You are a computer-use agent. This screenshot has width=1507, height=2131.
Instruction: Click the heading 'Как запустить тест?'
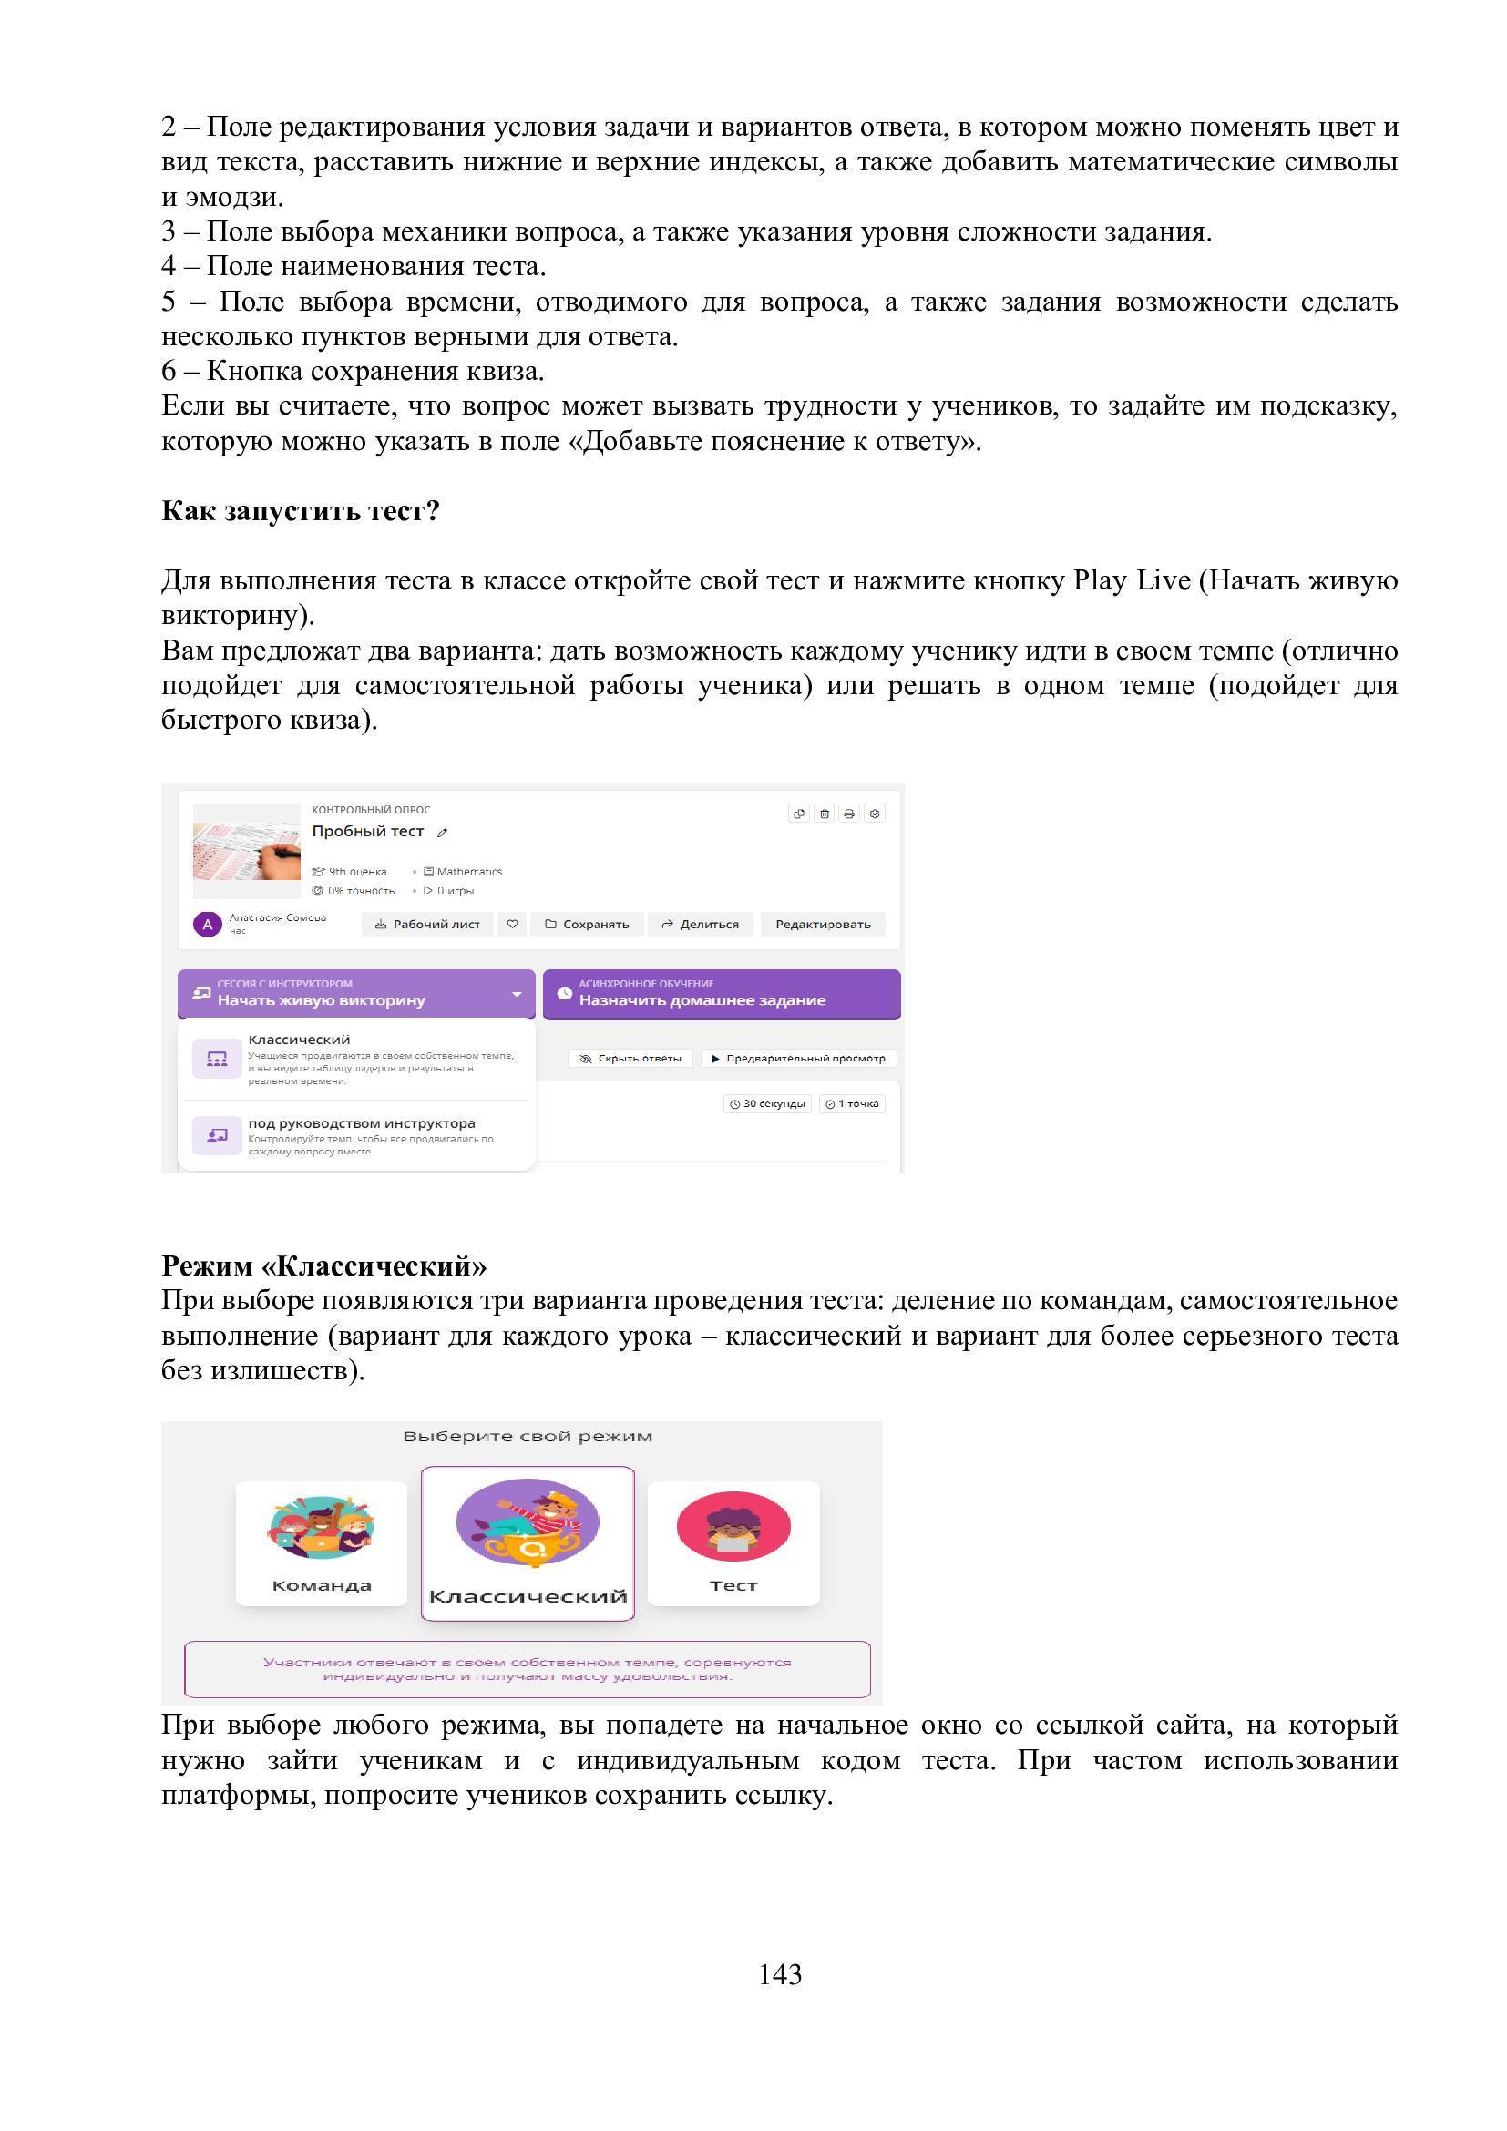pyautogui.click(x=300, y=510)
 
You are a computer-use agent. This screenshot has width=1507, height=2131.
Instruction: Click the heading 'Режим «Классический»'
pyautogui.click(x=323, y=1265)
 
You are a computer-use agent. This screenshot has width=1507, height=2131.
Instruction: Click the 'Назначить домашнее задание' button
pyautogui.click(x=721, y=994)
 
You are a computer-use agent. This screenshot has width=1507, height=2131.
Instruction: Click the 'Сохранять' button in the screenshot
pyautogui.click(x=587, y=924)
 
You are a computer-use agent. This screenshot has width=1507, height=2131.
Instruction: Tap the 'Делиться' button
pyautogui.click(x=700, y=924)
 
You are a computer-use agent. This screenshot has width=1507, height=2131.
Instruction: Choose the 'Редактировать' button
pyautogui.click(x=822, y=924)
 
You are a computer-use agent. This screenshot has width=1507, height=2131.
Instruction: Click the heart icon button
pyautogui.click(x=512, y=924)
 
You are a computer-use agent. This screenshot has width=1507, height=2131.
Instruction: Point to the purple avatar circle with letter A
pyautogui.click(x=207, y=925)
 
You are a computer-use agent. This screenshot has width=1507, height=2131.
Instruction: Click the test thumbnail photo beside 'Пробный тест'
pyautogui.click(x=247, y=850)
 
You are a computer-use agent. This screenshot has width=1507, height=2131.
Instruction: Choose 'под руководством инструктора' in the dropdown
pyautogui.click(x=360, y=1134)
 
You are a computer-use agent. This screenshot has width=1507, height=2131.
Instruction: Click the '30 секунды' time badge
pyautogui.click(x=766, y=1103)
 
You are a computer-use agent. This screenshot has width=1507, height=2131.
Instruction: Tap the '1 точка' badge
pyautogui.click(x=851, y=1103)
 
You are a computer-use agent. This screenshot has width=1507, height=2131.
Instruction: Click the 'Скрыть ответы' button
pyautogui.click(x=630, y=1058)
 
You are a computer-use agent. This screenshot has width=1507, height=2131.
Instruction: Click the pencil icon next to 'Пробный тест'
pyautogui.click(x=442, y=833)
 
